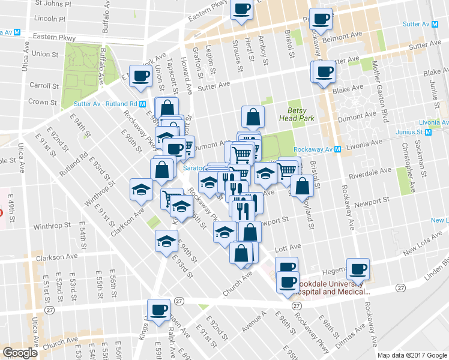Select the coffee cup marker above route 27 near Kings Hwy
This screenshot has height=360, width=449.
click(x=159, y=310)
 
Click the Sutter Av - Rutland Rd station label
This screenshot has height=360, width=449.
click(x=113, y=103)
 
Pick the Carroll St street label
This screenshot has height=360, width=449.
click(x=43, y=86)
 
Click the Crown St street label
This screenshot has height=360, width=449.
click(x=42, y=103)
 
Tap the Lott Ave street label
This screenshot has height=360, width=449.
click(x=286, y=247)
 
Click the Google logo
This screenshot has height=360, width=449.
click(x=20, y=353)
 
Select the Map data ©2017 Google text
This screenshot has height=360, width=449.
click(x=412, y=355)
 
